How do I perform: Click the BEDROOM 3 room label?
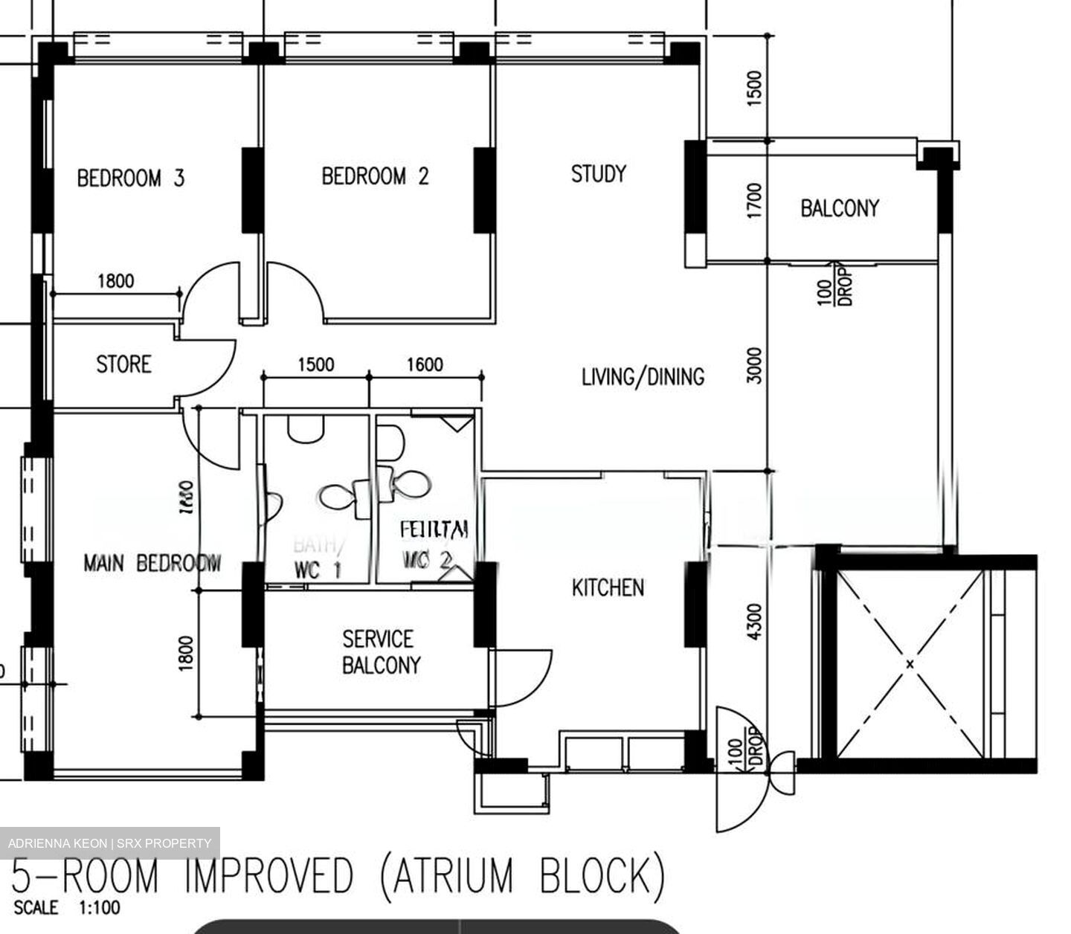[131, 178]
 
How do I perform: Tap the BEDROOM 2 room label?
[375, 176]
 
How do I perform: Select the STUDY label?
[598, 174]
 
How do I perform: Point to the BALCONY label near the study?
[839, 207]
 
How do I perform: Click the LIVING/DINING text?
[643, 377]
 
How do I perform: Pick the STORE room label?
[123, 364]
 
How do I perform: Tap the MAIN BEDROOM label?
[152, 564]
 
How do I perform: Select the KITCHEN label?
[608, 588]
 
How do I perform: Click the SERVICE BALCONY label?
[380, 652]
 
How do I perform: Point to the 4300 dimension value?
[754, 622]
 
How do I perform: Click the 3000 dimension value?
[754, 365]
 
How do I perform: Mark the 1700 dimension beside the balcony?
[754, 200]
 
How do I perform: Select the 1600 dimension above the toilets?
[425, 364]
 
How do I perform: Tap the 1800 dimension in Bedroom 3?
[116, 281]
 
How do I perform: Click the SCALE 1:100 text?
[67, 908]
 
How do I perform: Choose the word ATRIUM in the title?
[453, 875]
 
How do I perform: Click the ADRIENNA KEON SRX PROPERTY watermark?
[109, 843]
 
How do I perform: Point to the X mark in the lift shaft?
[910, 663]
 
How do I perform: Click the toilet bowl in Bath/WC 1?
[338, 497]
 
